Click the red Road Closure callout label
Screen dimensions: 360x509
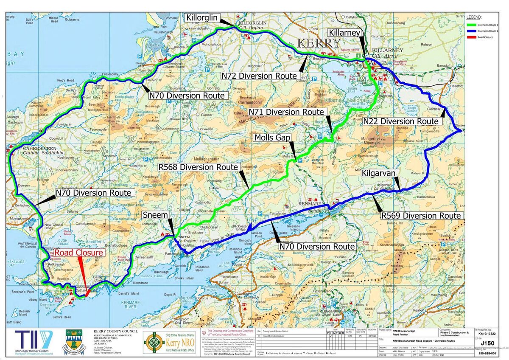[78, 253]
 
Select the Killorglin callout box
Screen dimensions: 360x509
[202, 18]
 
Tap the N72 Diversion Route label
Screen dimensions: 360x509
[259, 76]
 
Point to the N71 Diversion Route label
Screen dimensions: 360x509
[287, 112]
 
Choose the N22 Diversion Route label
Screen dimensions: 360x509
[400, 121]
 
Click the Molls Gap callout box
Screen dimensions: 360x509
[271, 138]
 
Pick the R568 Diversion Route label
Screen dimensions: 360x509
[198, 167]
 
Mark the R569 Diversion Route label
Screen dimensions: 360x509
[421, 216]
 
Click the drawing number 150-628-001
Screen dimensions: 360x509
[487, 353]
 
